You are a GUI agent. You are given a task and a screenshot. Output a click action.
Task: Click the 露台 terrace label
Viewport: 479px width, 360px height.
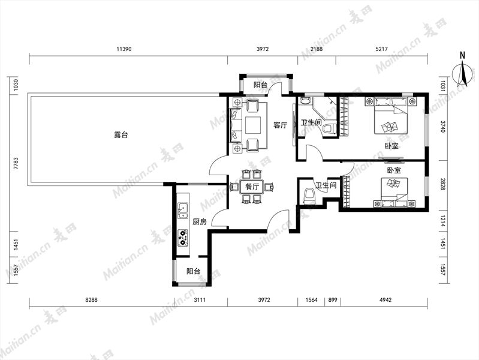coord(121,135)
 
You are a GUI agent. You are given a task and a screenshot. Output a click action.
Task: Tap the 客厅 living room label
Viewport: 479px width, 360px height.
coord(280,125)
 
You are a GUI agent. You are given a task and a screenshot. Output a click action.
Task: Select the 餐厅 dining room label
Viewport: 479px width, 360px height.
coord(252,187)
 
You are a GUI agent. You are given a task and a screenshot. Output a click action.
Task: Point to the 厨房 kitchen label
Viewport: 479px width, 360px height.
coord(200,222)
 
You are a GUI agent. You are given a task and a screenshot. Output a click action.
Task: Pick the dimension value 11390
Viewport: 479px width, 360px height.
coord(124,49)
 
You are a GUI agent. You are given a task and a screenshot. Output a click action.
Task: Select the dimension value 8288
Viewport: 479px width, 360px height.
coord(91,300)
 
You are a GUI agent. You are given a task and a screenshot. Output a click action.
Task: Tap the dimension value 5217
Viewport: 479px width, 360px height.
coord(381,49)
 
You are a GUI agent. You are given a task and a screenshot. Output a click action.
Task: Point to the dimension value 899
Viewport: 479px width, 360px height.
coord(333,300)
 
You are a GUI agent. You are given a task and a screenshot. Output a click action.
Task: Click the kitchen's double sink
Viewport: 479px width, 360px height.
coord(183,210)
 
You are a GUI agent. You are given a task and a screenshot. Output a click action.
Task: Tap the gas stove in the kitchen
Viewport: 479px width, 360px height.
coord(183,238)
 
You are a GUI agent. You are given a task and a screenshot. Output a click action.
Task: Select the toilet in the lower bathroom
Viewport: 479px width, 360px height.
coord(309,196)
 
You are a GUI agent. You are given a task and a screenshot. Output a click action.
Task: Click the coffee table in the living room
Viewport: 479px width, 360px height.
coord(252,125)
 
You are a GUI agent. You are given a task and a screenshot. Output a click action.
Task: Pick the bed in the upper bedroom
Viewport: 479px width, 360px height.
coord(391,116)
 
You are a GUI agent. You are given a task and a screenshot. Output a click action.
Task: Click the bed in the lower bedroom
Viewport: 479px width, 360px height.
coord(394,193)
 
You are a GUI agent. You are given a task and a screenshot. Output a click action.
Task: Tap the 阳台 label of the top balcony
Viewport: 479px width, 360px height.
coord(261,85)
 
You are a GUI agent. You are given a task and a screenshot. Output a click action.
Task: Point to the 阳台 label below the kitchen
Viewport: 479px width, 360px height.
coord(193,271)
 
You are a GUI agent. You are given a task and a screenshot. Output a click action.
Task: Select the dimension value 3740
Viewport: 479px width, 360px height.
coord(443,126)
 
